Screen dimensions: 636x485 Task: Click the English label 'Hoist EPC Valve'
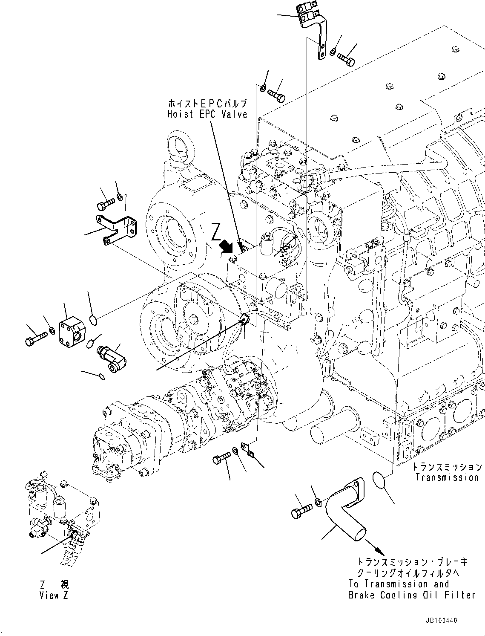pyautogui.click(x=207, y=114)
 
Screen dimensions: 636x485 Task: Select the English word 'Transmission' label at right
pyautogui.click(x=447, y=477)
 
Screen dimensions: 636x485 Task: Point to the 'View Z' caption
pyautogui.click(x=54, y=596)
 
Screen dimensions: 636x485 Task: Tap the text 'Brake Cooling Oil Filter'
pyautogui.click(x=411, y=595)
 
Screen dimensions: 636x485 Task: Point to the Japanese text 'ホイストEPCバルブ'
pyautogui.click(x=207, y=104)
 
